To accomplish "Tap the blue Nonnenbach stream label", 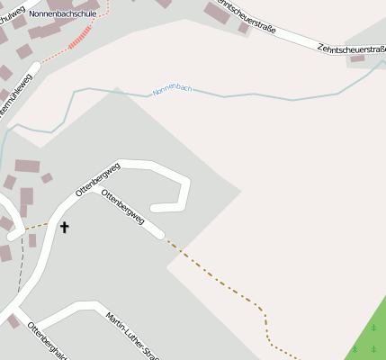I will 172,89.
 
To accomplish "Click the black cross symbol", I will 64,227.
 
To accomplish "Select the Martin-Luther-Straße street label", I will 125,335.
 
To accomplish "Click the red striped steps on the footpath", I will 80,37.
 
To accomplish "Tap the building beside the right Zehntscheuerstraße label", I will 357,58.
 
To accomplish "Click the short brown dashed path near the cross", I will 36,225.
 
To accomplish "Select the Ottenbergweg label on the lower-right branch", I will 123,207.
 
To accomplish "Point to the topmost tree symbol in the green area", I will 373,328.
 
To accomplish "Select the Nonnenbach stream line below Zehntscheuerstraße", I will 270,95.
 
